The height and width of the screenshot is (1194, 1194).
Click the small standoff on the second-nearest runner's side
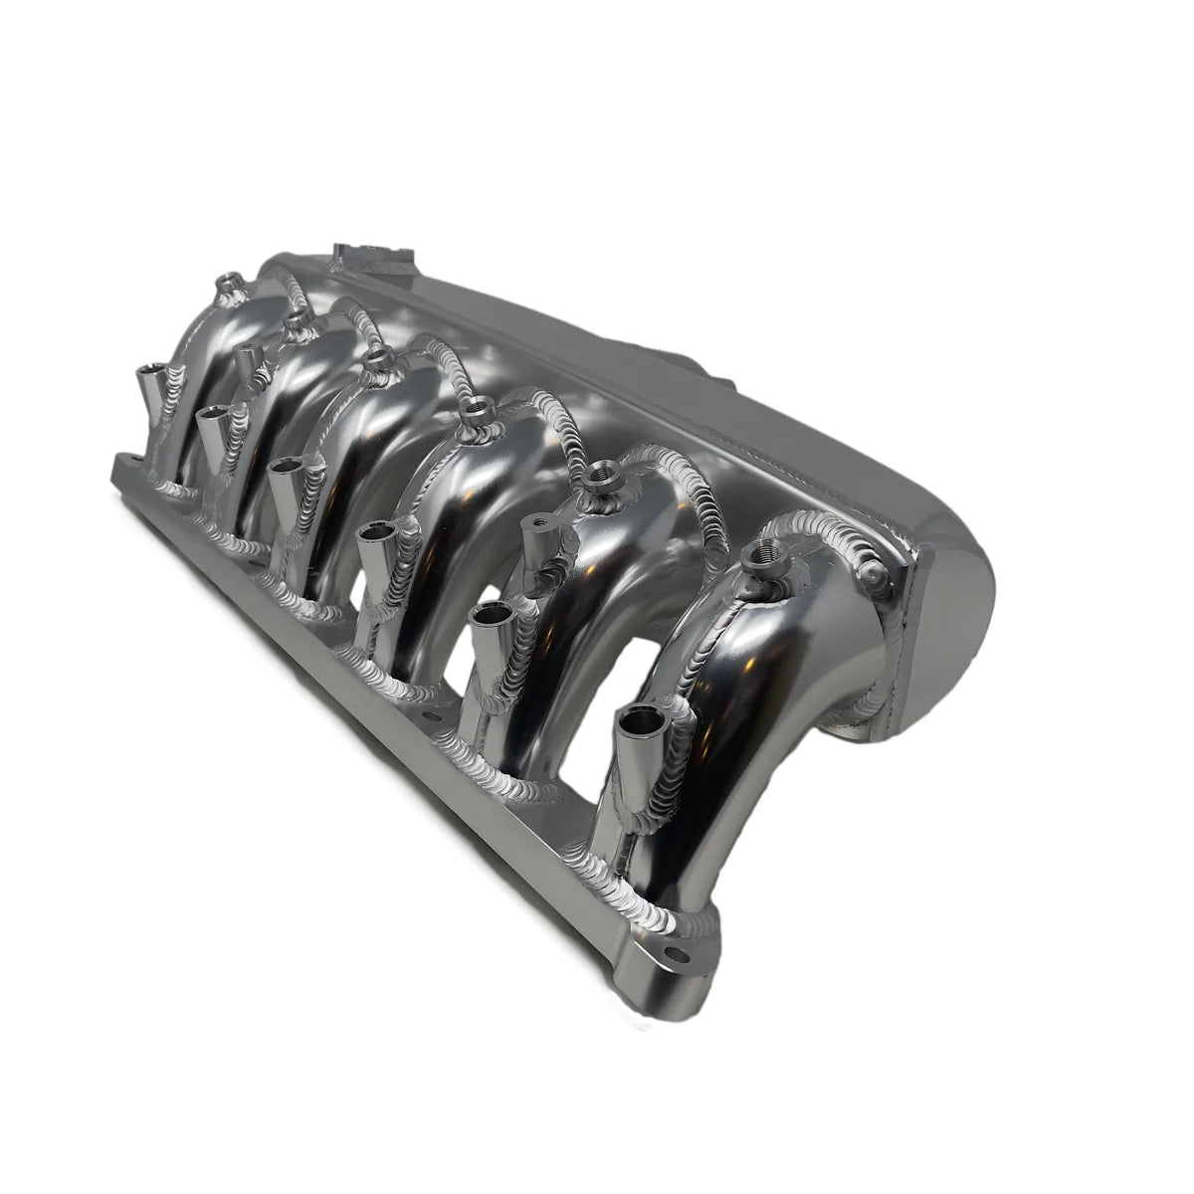click(536, 528)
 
